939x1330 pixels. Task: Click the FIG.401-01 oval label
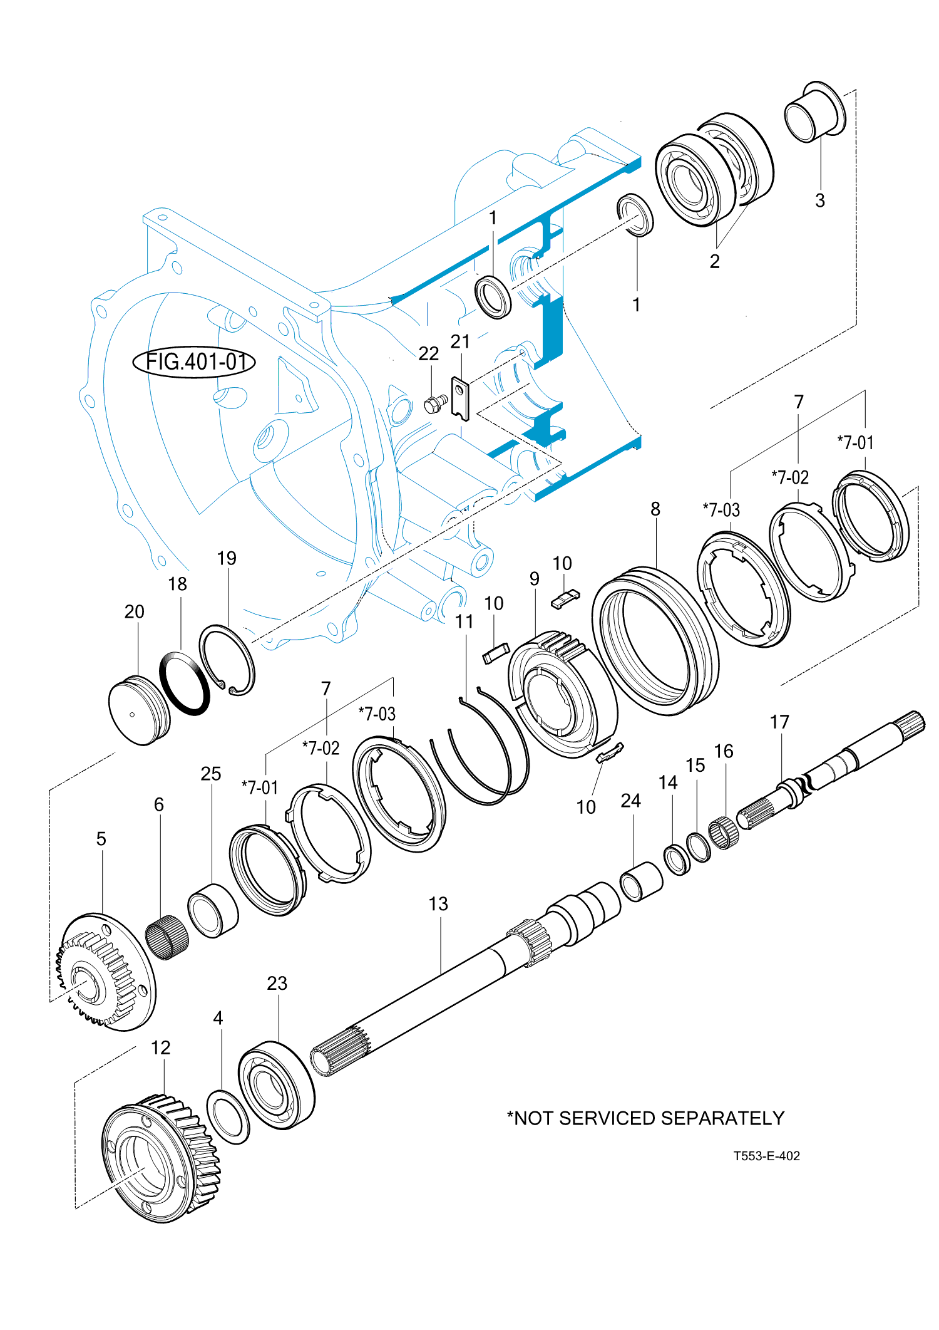(x=194, y=362)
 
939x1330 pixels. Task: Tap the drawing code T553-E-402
(x=766, y=1156)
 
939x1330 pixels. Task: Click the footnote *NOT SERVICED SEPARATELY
(x=645, y=1118)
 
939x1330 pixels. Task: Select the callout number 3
(x=819, y=200)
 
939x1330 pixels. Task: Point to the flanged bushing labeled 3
(x=814, y=113)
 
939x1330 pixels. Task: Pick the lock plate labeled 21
(x=460, y=398)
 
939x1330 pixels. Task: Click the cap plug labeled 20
(x=139, y=710)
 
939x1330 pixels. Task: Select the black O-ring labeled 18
(x=185, y=683)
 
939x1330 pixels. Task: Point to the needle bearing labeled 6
(x=167, y=937)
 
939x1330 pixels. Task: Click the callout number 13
(x=438, y=904)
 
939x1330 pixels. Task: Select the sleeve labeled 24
(x=641, y=881)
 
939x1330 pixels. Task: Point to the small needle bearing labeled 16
(x=724, y=833)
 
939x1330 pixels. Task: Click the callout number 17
(x=779, y=722)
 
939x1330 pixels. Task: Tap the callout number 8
(x=655, y=509)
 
